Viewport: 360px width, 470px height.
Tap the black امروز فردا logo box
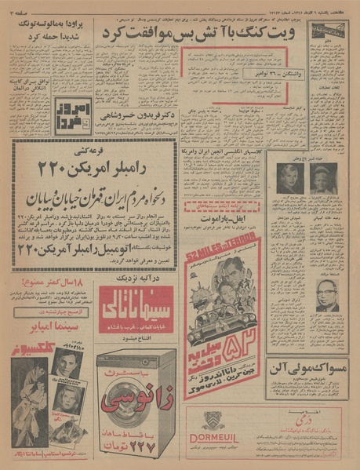[x=84, y=115]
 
